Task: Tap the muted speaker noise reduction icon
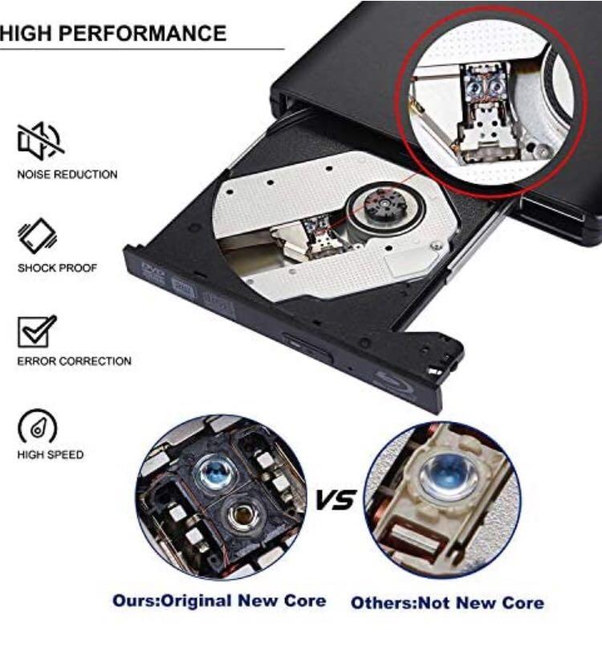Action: (x=40, y=141)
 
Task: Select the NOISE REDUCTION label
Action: (x=67, y=174)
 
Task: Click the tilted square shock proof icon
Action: (x=38, y=235)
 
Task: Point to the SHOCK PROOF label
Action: (x=57, y=268)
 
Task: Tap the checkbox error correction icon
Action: (x=37, y=331)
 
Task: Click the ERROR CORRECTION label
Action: (x=74, y=361)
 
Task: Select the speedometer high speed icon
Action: (x=38, y=426)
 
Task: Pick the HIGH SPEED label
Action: (x=51, y=454)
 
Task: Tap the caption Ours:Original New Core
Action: (x=219, y=600)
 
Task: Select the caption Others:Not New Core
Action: (x=447, y=603)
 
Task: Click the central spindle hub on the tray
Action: (x=384, y=204)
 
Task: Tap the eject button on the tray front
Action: (x=307, y=347)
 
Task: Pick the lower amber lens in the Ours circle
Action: (x=243, y=514)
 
